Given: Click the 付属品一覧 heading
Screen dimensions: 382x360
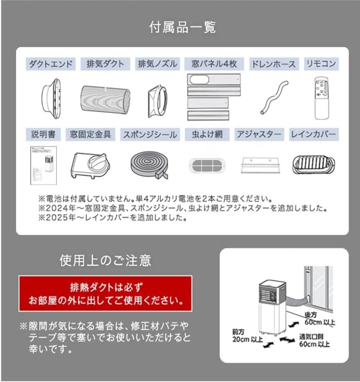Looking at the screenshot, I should [182, 28].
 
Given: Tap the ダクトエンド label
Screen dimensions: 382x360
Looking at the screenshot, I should [51, 63].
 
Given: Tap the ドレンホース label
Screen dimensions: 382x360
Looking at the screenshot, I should [274, 63].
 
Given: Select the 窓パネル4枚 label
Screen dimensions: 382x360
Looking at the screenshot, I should [214, 63].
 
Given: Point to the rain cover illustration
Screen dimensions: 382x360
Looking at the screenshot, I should [314, 164].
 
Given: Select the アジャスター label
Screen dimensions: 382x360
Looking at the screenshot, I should [259, 135].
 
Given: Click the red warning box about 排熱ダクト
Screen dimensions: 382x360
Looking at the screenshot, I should [106, 294].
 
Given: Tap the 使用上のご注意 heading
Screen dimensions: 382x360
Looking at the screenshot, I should [105, 261].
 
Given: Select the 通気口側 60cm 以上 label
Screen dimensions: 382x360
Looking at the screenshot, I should [314, 340].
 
